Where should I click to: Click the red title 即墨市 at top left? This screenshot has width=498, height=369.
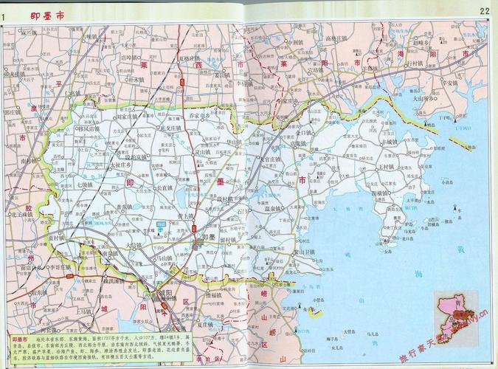(x=46, y=14)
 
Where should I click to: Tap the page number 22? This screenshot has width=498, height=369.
(x=484, y=10)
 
